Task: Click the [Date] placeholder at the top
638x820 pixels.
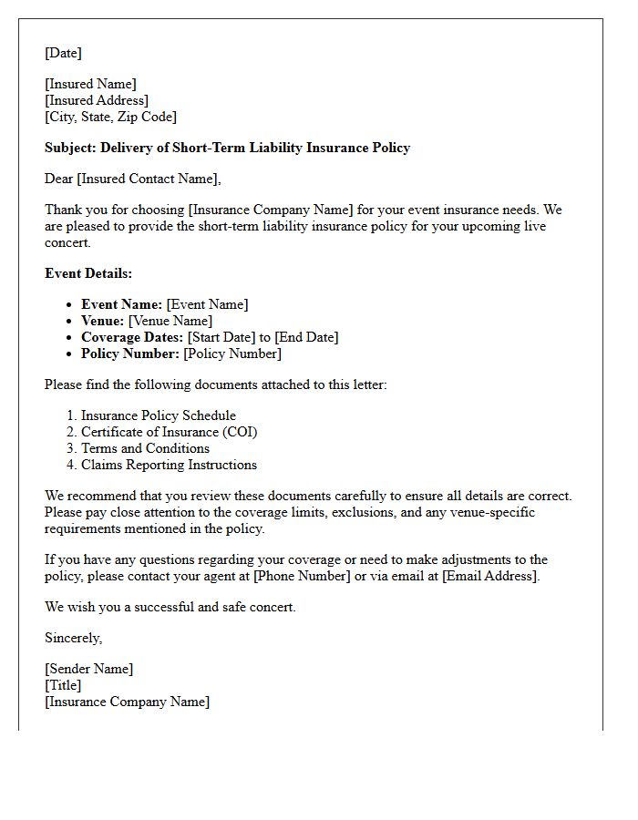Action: (63, 53)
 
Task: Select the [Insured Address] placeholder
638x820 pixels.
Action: (97, 100)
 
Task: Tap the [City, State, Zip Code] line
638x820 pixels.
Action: (110, 117)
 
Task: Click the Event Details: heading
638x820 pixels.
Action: (88, 273)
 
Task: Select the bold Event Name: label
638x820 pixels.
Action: (121, 304)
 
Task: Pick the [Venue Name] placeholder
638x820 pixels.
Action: (170, 321)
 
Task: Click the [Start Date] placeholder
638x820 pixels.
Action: (221, 337)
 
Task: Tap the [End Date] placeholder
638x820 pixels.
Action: (306, 337)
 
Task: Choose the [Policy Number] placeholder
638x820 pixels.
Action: (232, 354)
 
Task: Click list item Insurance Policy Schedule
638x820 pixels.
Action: (159, 415)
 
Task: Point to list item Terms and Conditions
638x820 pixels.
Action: (145, 448)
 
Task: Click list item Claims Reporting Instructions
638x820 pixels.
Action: (169, 465)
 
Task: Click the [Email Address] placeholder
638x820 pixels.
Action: (490, 576)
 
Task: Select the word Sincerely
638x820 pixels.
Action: (73, 638)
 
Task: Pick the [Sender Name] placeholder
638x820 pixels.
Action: (89, 669)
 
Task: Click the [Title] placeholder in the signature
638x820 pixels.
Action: (63, 685)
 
